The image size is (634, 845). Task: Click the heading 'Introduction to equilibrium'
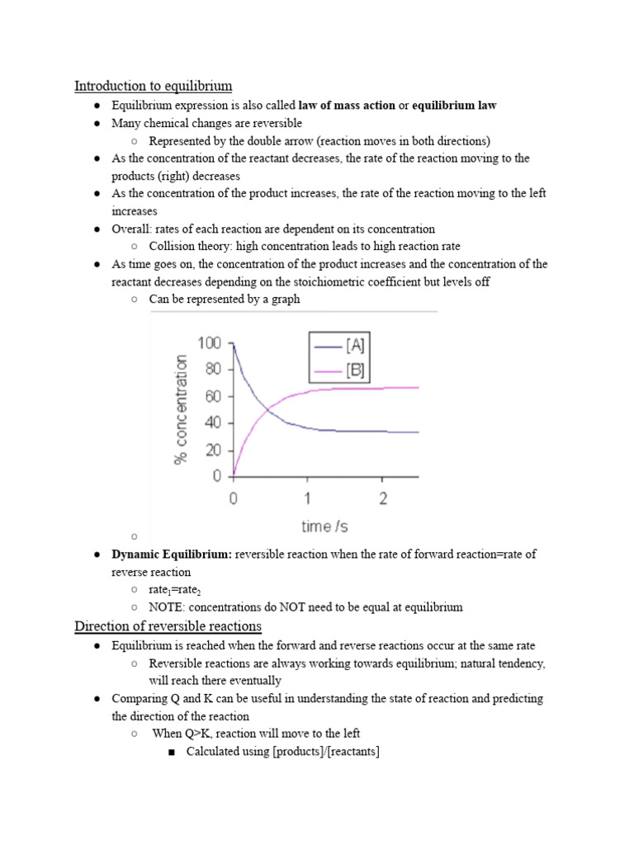(x=153, y=86)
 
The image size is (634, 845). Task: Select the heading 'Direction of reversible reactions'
(x=168, y=626)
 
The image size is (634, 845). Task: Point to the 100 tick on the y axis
(x=210, y=342)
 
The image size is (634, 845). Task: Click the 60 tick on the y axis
(x=214, y=397)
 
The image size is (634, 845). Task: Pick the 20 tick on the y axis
(x=214, y=451)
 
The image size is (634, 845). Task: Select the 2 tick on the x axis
(x=383, y=498)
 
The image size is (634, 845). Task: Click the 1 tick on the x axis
(x=308, y=498)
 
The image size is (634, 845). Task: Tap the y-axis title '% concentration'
(x=181, y=409)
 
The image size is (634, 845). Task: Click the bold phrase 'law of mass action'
(x=347, y=106)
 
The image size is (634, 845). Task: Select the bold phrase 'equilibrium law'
(x=454, y=106)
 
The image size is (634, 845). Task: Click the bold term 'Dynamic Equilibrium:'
(x=172, y=555)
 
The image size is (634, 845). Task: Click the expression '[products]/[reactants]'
(x=325, y=752)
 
